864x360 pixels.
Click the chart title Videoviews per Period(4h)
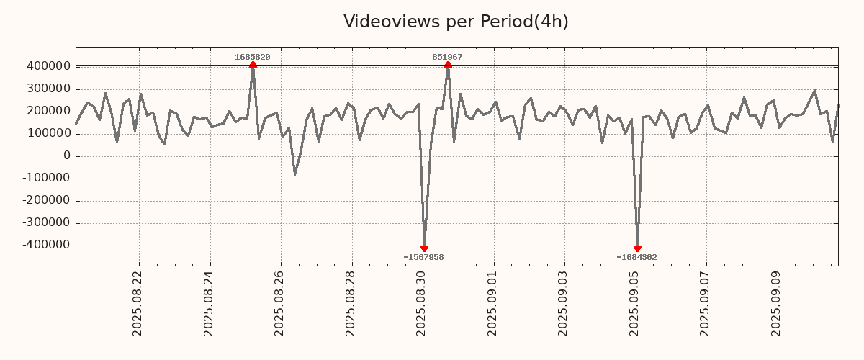click(x=456, y=22)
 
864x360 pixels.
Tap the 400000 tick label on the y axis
click(x=48, y=66)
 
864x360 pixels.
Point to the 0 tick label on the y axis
click(x=67, y=156)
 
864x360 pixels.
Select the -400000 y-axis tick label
click(x=45, y=245)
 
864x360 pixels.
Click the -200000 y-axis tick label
click(x=45, y=200)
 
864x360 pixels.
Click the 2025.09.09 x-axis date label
click(x=777, y=303)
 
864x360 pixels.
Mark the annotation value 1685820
click(x=253, y=57)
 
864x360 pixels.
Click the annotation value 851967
click(x=447, y=57)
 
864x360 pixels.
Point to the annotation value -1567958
click(x=423, y=257)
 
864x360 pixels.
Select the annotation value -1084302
click(x=636, y=257)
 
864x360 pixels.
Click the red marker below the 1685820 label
click(x=253, y=65)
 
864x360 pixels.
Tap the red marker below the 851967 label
click(x=448, y=65)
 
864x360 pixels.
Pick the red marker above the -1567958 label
click(x=424, y=248)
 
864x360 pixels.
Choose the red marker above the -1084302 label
click(x=637, y=248)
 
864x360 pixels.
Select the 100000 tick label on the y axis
click(x=48, y=133)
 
